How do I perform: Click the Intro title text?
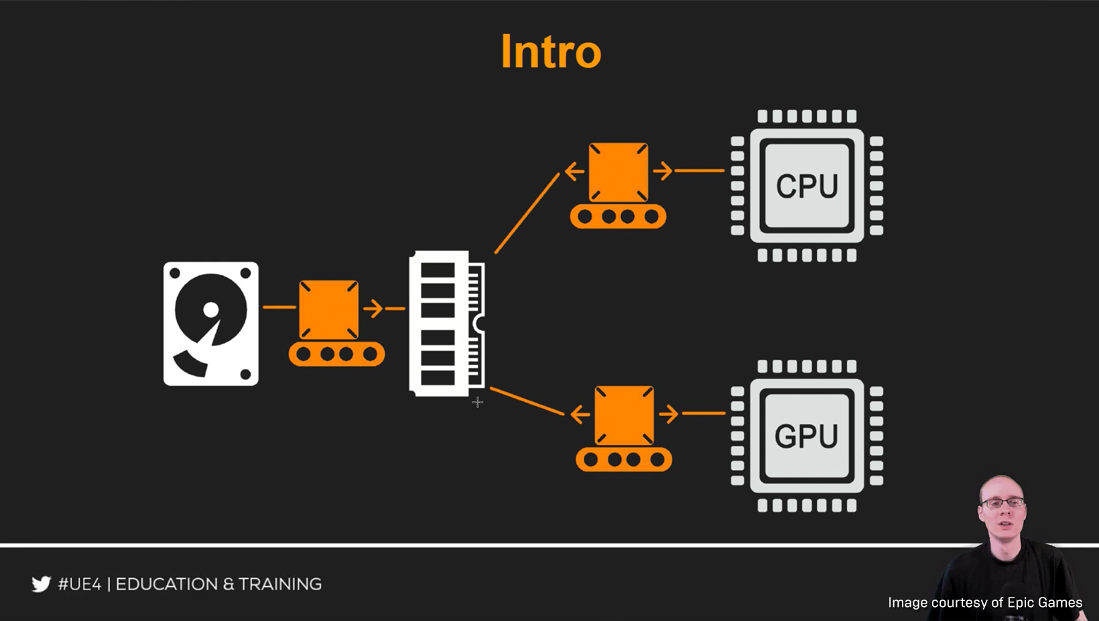click(551, 52)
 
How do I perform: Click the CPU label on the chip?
click(807, 186)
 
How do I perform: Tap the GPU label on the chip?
click(806, 436)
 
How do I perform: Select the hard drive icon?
click(211, 324)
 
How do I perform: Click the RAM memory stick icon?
click(446, 324)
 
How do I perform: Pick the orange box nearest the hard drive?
click(328, 309)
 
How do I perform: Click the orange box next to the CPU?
click(618, 171)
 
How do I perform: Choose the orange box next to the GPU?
click(624, 415)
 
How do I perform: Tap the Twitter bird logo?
click(41, 584)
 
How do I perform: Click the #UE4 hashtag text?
click(79, 584)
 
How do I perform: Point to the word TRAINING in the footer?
click(280, 584)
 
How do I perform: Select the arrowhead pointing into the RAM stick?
click(375, 308)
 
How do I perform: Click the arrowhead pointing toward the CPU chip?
click(664, 171)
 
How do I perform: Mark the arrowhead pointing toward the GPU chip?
click(670, 414)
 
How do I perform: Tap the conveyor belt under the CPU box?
click(618, 216)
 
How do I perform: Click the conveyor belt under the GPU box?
click(624, 460)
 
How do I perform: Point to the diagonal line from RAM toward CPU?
click(527, 213)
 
